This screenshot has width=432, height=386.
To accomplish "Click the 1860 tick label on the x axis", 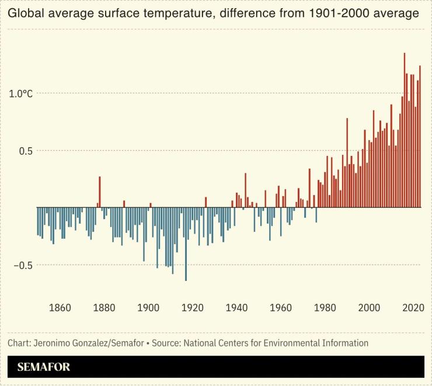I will pyautogui.click(x=60, y=308).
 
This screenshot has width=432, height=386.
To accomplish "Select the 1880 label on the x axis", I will pyautogui.click(x=104, y=308).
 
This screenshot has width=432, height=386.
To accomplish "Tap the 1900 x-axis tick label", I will pyautogui.click(x=148, y=308).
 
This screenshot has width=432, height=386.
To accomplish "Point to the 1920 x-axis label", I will pyautogui.click(x=193, y=308).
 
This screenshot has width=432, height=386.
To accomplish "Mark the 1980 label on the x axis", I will pyautogui.click(x=325, y=308).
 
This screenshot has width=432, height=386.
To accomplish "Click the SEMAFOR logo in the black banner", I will pyautogui.click(x=44, y=367).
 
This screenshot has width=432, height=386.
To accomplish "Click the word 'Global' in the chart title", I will pyautogui.click(x=25, y=13).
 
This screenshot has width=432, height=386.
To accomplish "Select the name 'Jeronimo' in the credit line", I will pyautogui.click(x=52, y=343).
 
